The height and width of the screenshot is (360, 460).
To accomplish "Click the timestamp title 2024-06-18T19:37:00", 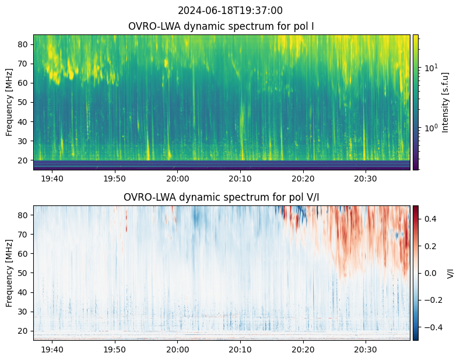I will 230,11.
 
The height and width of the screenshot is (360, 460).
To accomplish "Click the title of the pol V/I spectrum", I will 222,197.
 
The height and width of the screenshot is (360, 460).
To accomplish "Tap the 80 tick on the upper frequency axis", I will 24,44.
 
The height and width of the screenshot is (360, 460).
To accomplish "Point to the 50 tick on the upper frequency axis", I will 24,102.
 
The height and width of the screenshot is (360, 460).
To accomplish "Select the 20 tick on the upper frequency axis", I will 24,160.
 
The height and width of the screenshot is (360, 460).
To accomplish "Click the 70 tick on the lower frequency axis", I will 24,235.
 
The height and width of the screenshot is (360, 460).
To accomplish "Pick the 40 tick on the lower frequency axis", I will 24,292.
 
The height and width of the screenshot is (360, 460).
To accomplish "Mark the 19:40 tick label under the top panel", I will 52,178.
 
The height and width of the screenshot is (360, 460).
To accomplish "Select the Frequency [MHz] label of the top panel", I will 9,102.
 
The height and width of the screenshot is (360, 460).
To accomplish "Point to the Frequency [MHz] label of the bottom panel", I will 9,273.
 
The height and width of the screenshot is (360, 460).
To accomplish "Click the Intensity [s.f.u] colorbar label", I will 445,102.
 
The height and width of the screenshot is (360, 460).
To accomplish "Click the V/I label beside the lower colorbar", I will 450,273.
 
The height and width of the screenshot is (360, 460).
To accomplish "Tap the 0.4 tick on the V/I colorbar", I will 431,219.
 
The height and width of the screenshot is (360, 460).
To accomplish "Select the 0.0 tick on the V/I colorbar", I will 431,273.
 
